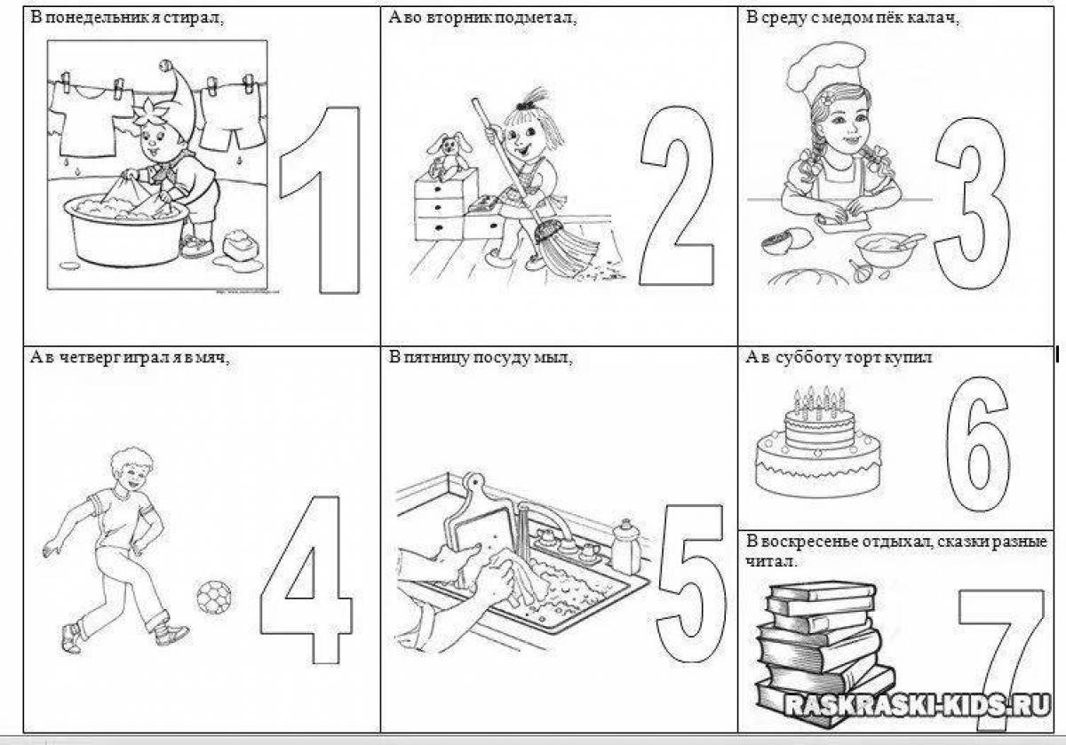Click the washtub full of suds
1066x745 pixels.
(126, 228)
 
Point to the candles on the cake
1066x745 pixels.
(818, 402)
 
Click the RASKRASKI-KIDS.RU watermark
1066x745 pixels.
(916, 705)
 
